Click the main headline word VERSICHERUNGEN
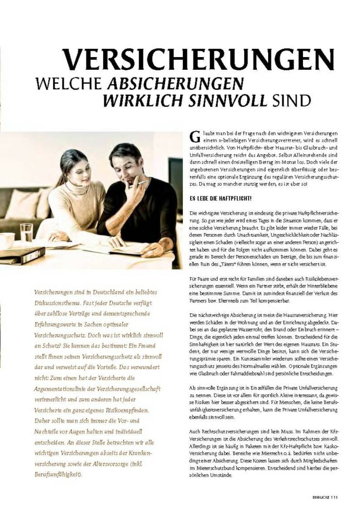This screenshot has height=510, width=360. click(x=198, y=58)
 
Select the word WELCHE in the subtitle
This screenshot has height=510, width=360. click(x=69, y=84)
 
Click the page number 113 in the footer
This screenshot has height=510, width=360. click(x=334, y=496)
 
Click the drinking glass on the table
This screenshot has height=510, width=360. click(x=26, y=233)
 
